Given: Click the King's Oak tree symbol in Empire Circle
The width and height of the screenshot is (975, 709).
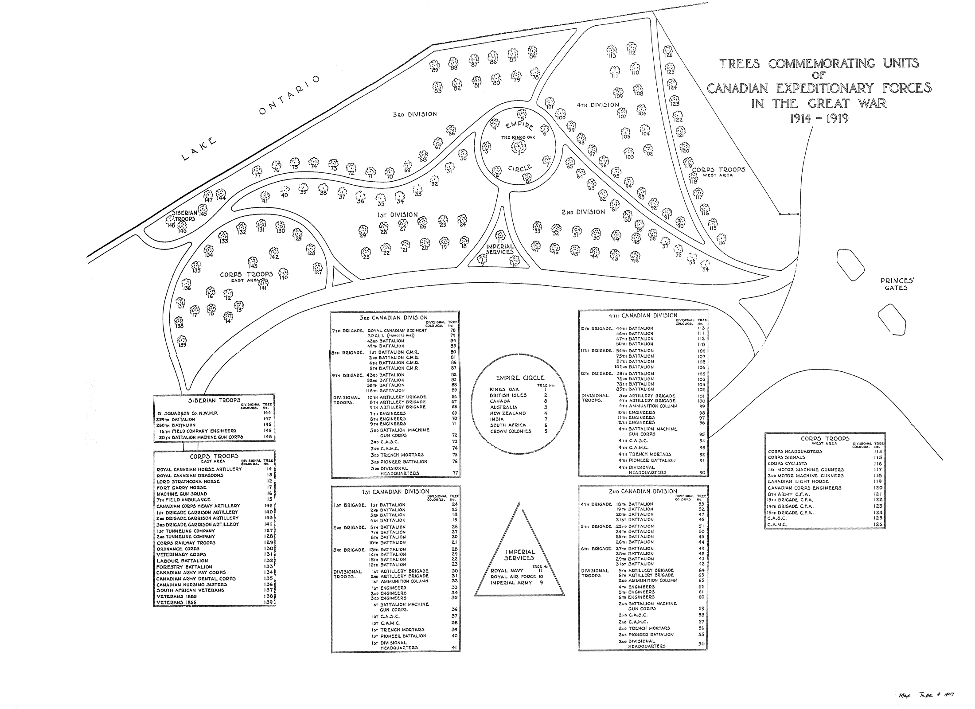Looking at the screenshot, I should click(x=519, y=147).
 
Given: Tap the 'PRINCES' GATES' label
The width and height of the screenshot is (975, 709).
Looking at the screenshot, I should click(x=897, y=284).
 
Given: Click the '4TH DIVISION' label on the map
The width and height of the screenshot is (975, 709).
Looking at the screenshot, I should click(x=597, y=105).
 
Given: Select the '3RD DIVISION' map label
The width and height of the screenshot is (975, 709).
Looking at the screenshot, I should click(x=415, y=114).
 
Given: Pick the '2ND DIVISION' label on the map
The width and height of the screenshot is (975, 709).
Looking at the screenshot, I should click(x=583, y=212).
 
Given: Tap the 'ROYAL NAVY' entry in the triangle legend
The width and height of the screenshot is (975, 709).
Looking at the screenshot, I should click(x=507, y=571).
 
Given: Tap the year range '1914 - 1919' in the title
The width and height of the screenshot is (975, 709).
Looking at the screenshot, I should click(x=819, y=119).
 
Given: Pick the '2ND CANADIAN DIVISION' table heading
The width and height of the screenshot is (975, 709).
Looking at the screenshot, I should click(x=643, y=491).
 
